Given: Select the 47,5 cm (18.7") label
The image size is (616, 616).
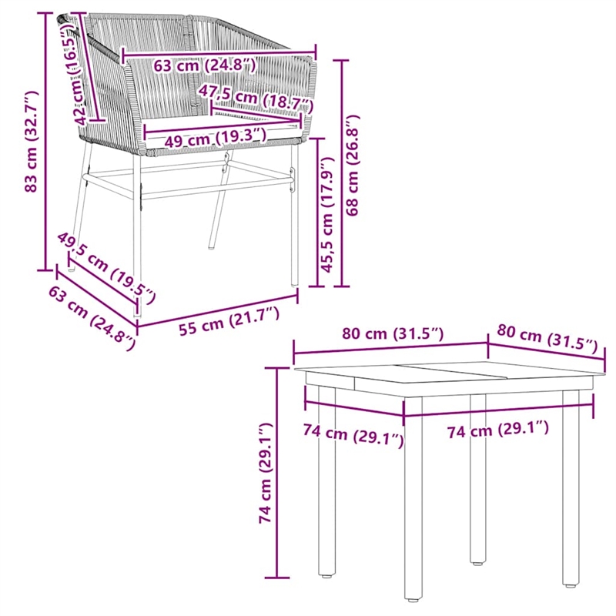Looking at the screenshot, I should [x=256, y=98].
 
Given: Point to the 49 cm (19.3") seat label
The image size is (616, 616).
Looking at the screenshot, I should [x=206, y=139].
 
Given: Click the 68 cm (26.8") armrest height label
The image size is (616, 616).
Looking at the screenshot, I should [x=353, y=166].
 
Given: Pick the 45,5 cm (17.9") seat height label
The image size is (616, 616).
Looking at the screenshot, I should [x=326, y=216].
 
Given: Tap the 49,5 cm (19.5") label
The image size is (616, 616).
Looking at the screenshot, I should [x=107, y=266].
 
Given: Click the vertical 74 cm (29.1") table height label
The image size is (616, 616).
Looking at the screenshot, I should [x=266, y=474].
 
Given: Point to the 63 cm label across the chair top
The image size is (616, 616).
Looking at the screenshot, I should [x=204, y=65].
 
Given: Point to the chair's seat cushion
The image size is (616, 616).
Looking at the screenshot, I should [x=223, y=127].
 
